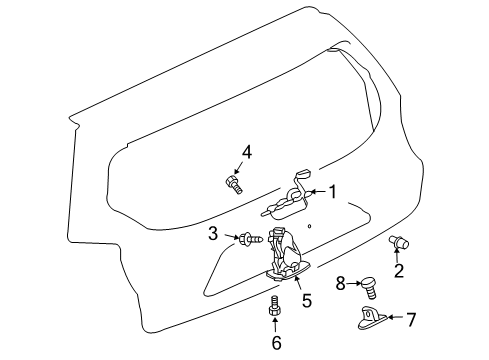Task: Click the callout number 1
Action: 333,193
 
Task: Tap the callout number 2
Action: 398,271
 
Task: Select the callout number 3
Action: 213,235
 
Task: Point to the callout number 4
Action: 247,152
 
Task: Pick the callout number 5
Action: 307,298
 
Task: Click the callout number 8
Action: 340,285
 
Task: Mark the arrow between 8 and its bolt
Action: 354,285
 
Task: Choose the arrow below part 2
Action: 398,256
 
